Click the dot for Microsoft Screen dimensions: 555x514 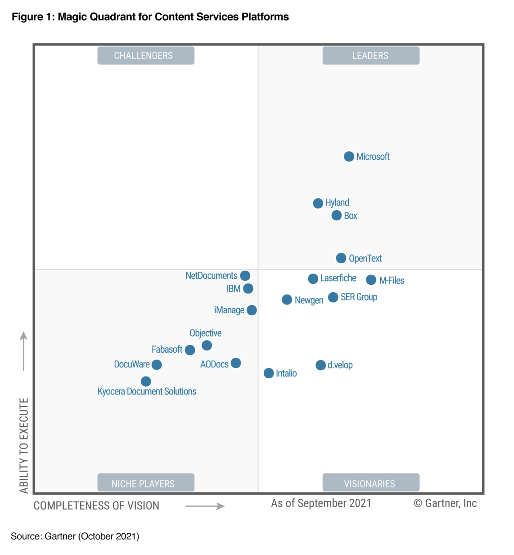349,156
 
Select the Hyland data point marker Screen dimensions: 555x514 318,203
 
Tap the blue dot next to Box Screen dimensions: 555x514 336,215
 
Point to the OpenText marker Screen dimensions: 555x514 341,258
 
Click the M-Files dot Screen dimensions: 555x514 371,280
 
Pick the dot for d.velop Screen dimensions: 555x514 320,365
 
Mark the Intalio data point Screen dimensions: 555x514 268,373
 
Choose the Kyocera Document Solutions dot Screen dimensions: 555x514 146,381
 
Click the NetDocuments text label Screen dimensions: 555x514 211,276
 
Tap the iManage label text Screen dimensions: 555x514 229,310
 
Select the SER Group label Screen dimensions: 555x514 359,297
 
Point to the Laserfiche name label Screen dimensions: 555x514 338,278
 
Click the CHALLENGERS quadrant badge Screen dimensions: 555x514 146,56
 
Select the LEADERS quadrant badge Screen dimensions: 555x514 371,56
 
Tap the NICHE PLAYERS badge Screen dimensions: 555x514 146,483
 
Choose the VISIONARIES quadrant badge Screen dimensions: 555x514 371,483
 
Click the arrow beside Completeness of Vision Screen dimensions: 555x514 205,506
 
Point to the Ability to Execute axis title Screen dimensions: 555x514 24,445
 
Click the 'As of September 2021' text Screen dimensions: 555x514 321,503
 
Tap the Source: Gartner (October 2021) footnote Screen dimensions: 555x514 75,536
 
